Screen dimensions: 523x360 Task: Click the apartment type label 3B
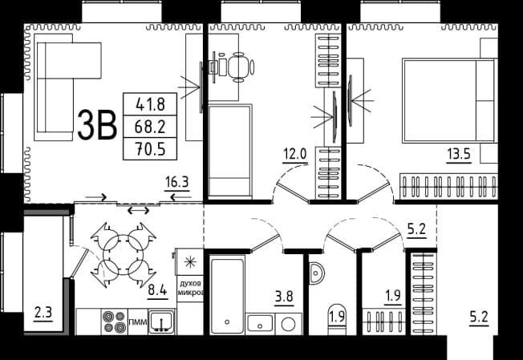pos(97,125)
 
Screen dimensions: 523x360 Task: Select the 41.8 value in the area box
pos(150,105)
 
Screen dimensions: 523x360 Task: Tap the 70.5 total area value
pos(150,149)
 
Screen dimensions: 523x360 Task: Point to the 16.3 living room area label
pos(176,182)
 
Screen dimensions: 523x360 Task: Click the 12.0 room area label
pos(295,154)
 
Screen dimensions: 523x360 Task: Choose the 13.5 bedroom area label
pos(459,154)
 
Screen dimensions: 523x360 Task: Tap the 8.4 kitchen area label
pos(157,290)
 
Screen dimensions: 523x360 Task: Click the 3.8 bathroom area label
pos(284,297)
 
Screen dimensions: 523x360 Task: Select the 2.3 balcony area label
pos(43,313)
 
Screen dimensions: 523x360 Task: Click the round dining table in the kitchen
pos(123,255)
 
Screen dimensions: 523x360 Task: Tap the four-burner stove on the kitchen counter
pos(114,322)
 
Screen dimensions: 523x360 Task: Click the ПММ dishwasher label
pos(138,322)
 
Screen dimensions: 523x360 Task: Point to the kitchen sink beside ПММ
pos(161,322)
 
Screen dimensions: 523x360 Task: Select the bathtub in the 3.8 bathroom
pos(227,295)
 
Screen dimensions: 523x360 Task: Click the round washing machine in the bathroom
pos(288,324)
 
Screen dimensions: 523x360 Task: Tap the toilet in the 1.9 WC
pos(337,319)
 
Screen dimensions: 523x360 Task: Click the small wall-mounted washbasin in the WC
pos(315,273)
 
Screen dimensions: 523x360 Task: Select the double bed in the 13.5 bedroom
pos(449,101)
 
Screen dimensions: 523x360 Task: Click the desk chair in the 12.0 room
pos(238,67)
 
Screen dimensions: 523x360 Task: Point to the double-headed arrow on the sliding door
pos(138,211)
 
